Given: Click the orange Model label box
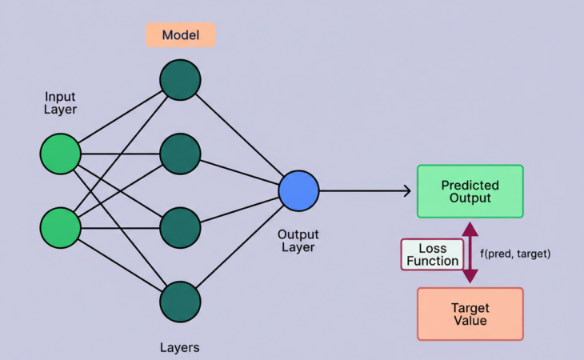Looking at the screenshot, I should (180, 35).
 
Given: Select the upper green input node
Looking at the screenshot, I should (61, 154).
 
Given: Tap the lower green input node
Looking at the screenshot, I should (61, 227).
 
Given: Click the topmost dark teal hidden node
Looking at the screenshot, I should (180, 80).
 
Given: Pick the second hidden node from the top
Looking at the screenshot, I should (180, 154).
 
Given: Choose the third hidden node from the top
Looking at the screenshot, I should (180, 228).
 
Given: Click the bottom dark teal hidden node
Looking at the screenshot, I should (180, 302).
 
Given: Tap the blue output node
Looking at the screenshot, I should (299, 191).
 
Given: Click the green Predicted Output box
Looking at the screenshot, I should (470, 191).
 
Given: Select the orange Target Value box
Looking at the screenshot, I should (470, 314).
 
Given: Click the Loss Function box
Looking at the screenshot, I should (433, 254).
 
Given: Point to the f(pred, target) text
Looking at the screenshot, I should (515, 254).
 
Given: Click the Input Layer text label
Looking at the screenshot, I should (60, 103).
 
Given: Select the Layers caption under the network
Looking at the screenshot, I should (180, 347).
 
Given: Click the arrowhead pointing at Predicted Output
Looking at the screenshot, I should (406, 191).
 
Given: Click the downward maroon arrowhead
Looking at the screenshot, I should (470, 276).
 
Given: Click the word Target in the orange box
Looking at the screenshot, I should (470, 307).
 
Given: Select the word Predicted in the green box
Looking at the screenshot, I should (470, 185).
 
